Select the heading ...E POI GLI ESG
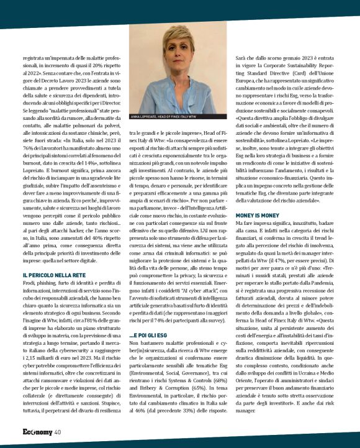[x=151, y=336]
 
